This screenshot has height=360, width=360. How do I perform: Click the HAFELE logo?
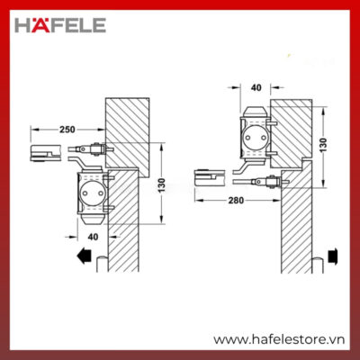tap(60, 25)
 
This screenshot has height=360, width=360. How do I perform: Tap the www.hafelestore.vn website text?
tap(279, 340)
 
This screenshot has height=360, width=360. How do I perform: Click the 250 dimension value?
tap(67, 130)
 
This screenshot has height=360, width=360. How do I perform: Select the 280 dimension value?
tap(236, 200)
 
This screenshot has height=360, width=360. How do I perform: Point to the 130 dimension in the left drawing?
tap(161, 185)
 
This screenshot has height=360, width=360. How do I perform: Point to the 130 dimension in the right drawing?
tap(323, 145)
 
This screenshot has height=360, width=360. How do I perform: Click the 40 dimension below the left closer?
tap(93, 237)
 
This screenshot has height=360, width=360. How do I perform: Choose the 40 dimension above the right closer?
tap(256, 87)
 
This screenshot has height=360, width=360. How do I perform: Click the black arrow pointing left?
tap(85, 257)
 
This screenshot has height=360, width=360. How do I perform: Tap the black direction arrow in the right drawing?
tap(333, 257)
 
